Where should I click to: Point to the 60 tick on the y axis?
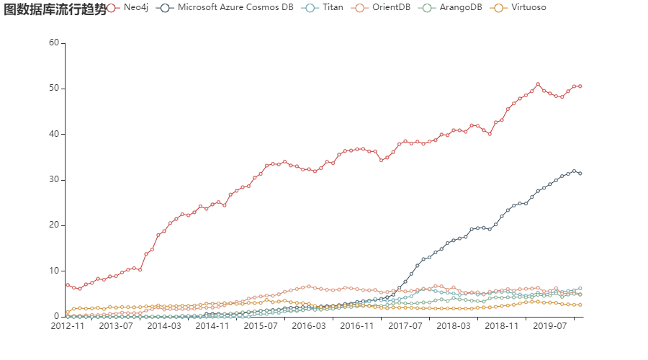click(53, 42)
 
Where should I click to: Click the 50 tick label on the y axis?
click(53, 89)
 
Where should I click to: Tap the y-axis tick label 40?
click(53, 134)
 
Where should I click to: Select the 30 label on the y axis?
click(53, 180)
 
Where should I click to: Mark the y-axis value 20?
click(53, 225)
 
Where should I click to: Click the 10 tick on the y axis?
click(53, 271)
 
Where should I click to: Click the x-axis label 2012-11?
click(67, 326)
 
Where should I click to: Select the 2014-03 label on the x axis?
click(164, 326)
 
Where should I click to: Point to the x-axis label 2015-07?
click(261, 326)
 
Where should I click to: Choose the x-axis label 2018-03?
click(454, 326)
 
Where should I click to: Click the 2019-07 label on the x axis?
click(551, 326)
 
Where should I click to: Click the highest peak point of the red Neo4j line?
click(538, 84)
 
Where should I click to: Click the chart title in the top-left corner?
click(54, 9)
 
